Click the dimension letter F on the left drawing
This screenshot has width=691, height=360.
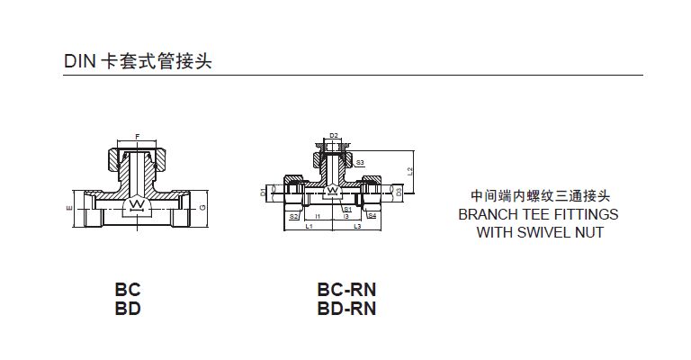pos(137,136)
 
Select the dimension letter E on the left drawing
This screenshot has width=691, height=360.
pos(68,209)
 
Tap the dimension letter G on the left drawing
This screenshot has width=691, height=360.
pos(204,209)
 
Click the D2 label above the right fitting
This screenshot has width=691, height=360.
pos(333,136)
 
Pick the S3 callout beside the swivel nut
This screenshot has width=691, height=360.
pos(360,163)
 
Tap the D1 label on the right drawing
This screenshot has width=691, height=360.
pos(264,192)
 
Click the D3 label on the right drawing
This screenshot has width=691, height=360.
pos(399,192)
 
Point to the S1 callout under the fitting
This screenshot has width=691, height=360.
pos(347,210)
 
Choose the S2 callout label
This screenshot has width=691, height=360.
pos(293,216)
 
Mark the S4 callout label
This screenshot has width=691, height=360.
pos(372,216)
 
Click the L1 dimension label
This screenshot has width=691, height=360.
pos(309,227)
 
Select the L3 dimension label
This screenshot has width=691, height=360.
pos(357,227)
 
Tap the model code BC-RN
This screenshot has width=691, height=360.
pos(346,290)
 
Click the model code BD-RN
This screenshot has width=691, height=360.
pos(346,309)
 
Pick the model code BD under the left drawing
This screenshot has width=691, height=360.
pos(128,309)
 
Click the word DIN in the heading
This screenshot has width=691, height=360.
pos(77,62)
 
